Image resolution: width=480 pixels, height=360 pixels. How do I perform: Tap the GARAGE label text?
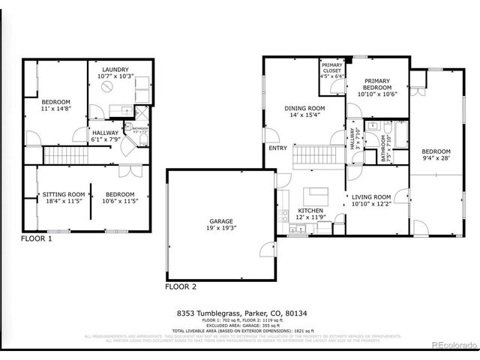[x=220, y=220]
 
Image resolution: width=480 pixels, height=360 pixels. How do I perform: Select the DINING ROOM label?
[x=304, y=108]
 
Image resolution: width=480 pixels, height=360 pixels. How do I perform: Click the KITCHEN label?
[x=310, y=211]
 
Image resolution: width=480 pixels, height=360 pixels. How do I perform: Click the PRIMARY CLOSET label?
[x=331, y=68]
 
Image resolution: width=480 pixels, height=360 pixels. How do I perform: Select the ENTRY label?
[x=277, y=148]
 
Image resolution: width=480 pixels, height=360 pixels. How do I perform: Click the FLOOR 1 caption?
[x=37, y=239]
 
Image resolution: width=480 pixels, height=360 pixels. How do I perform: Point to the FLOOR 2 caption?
[x=181, y=286]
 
